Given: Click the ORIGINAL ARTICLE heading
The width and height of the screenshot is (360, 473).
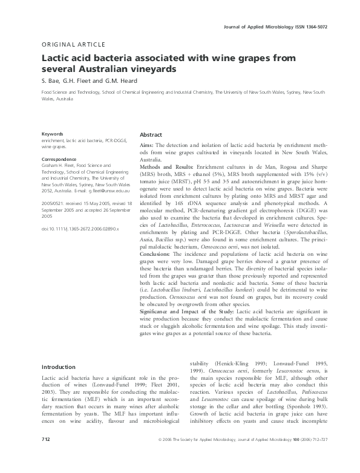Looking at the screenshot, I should tap(73, 45).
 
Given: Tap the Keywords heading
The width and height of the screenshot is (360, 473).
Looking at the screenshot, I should tap(53, 134).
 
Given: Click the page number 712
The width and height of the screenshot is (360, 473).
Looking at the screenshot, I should tap(46, 455).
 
